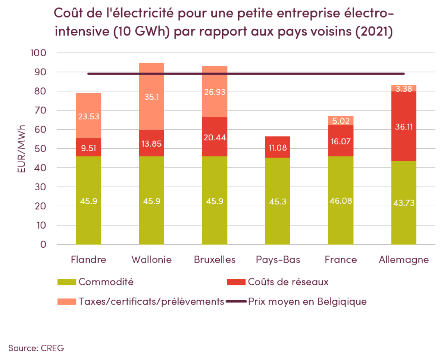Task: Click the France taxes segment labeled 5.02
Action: pyautogui.click(x=341, y=120)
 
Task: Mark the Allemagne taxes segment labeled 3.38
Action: pyautogui.click(x=404, y=88)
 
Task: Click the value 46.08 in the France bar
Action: pyautogui.click(x=341, y=201)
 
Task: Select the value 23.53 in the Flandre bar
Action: pyautogui.click(x=88, y=116)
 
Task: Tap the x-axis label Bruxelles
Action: pyautogui.click(x=215, y=260)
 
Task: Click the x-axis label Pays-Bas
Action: pyautogui.click(x=278, y=260)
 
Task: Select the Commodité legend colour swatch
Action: pyautogui.click(x=67, y=282)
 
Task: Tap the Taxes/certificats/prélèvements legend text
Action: pyautogui.click(x=151, y=301)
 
